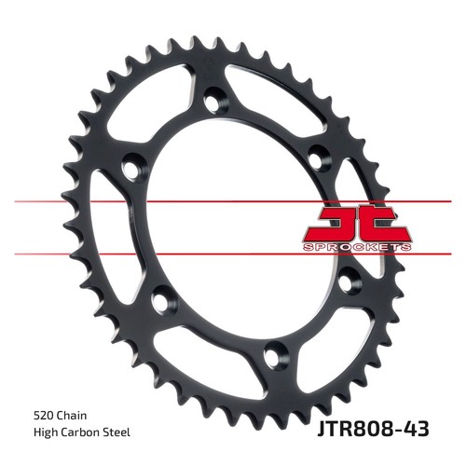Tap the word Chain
tap(71, 416)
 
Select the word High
tap(46, 432)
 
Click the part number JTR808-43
tap(373, 429)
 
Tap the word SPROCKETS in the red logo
tap(357, 247)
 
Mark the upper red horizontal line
tap(233, 201)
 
